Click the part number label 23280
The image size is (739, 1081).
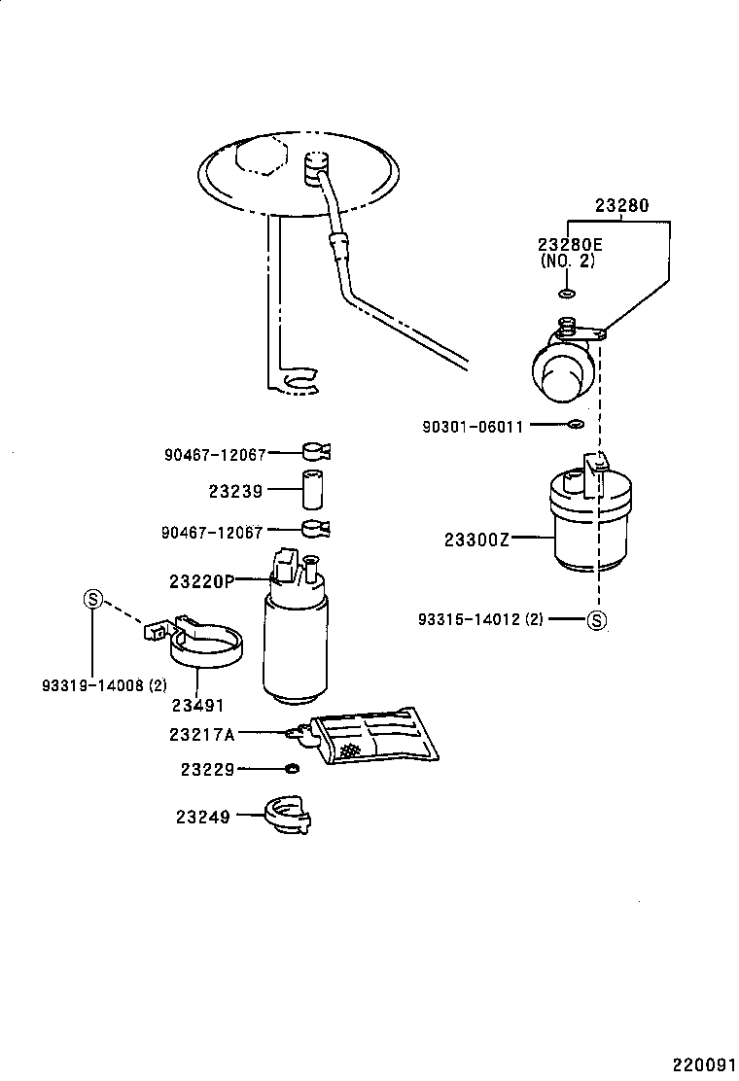point(621,206)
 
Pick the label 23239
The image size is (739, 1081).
point(235,492)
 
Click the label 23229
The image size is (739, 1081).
point(207,769)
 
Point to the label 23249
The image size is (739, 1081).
point(203,817)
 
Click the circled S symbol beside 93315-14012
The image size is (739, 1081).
point(597,620)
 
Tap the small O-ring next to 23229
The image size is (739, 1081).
point(291,769)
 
